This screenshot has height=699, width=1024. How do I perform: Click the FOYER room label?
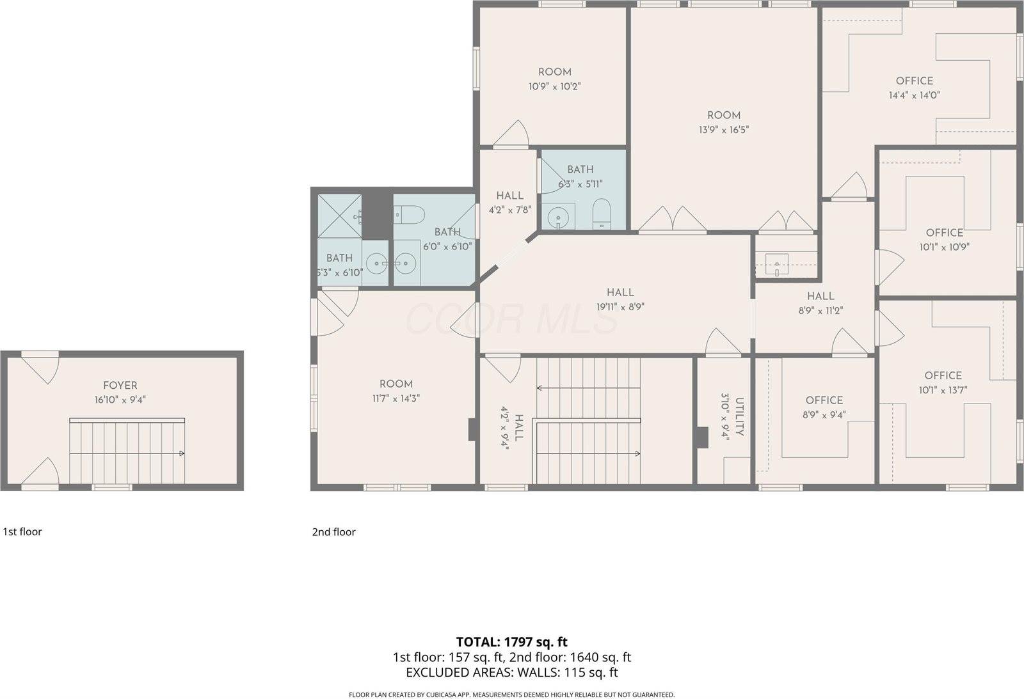pos(120,386)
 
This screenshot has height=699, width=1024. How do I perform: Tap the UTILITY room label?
pos(739,416)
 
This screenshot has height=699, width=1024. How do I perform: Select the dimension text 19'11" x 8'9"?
pos(620,307)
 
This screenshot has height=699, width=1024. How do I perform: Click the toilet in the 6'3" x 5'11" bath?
pos(602,214)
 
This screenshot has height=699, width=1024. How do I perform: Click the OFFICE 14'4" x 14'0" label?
pos(914,81)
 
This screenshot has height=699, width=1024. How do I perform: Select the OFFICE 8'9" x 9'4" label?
pos(824,400)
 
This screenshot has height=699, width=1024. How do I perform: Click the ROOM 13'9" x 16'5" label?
pos(723,116)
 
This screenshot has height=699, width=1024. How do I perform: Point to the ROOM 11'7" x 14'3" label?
pos(396,384)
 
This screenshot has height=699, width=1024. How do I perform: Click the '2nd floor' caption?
pos(333,532)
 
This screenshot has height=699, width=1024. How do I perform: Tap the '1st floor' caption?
pos(22,532)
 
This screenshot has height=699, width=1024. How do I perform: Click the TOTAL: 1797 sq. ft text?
pos(511,641)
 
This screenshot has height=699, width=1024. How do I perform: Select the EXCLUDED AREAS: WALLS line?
pos(511,672)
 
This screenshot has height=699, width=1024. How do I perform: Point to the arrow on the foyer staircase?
pos(182,453)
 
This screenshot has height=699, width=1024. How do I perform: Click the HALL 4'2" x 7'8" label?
pos(509,196)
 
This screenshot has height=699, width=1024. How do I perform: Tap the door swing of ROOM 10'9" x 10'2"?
pos(514,134)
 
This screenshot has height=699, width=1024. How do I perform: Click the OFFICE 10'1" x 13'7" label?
pos(943,375)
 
